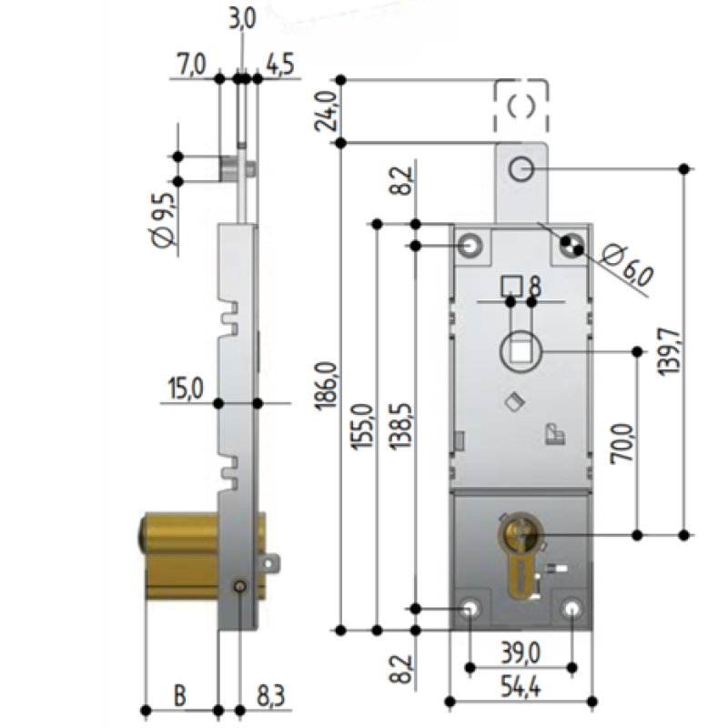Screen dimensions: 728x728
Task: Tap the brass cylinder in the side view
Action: click(177, 557)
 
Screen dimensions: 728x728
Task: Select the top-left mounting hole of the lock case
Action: click(471, 246)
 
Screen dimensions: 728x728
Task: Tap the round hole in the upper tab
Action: click(521, 169)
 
